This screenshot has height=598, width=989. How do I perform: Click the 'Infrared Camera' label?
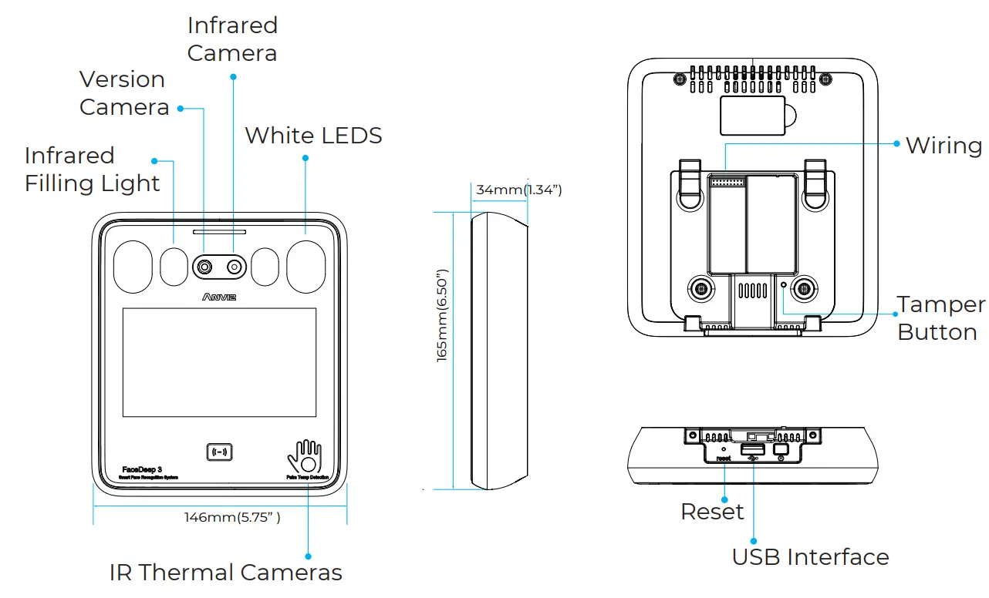click(232, 39)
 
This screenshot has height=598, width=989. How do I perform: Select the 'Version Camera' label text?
click(123, 93)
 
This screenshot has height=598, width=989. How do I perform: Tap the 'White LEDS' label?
click(313, 136)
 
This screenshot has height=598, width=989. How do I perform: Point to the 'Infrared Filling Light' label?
click(92, 170)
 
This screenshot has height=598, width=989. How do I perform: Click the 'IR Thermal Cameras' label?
click(225, 573)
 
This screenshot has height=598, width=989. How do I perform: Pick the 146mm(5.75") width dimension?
click(231, 517)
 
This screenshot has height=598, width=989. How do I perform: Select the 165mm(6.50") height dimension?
click(442, 315)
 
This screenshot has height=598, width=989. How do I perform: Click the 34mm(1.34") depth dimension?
click(518, 190)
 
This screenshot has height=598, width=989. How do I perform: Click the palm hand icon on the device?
click(305, 458)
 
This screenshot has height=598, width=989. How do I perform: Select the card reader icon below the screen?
click(220, 452)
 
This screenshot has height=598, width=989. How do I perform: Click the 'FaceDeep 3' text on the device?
click(142, 469)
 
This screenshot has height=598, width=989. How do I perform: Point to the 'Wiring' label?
click(943, 146)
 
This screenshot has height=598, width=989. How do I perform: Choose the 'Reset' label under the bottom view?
click(712, 512)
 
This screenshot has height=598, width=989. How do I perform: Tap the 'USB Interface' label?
click(810, 557)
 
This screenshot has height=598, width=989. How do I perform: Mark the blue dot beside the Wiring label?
click(896, 143)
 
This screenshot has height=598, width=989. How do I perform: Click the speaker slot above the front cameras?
click(219, 231)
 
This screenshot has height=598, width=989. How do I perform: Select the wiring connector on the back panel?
click(726, 182)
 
